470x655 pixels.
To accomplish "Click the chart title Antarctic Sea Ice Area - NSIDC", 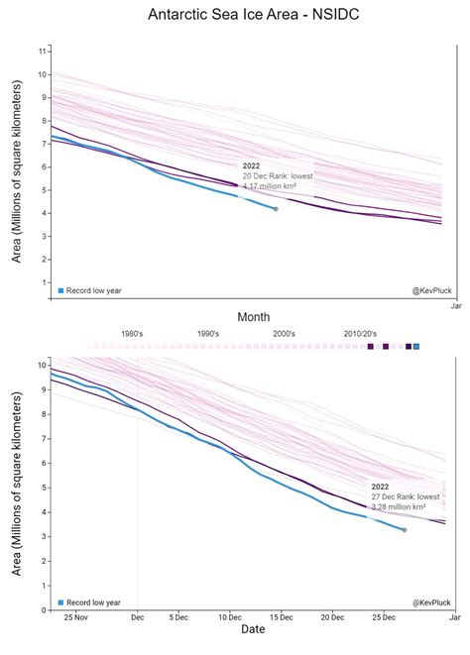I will [234, 15].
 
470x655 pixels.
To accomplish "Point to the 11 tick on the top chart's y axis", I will [43, 51].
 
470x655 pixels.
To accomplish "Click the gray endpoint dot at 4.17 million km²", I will [276, 209].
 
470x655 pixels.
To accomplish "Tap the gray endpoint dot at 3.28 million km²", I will [404, 530].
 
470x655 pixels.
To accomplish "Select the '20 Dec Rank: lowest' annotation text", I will [278, 175].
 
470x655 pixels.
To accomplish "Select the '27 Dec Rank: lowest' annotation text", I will [406, 496].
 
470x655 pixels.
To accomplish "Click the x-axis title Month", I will [254, 316].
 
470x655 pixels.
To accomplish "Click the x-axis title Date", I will [253, 629].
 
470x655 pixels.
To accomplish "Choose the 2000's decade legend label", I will [284, 335].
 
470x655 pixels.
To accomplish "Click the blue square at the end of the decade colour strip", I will [416, 346].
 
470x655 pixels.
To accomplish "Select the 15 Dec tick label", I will [284, 618].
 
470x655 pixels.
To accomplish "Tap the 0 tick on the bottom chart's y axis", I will [43, 610].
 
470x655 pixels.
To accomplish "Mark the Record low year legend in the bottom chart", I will [89, 601].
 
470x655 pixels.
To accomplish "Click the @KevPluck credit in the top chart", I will [430, 290].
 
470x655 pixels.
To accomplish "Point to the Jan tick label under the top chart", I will [455, 306].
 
